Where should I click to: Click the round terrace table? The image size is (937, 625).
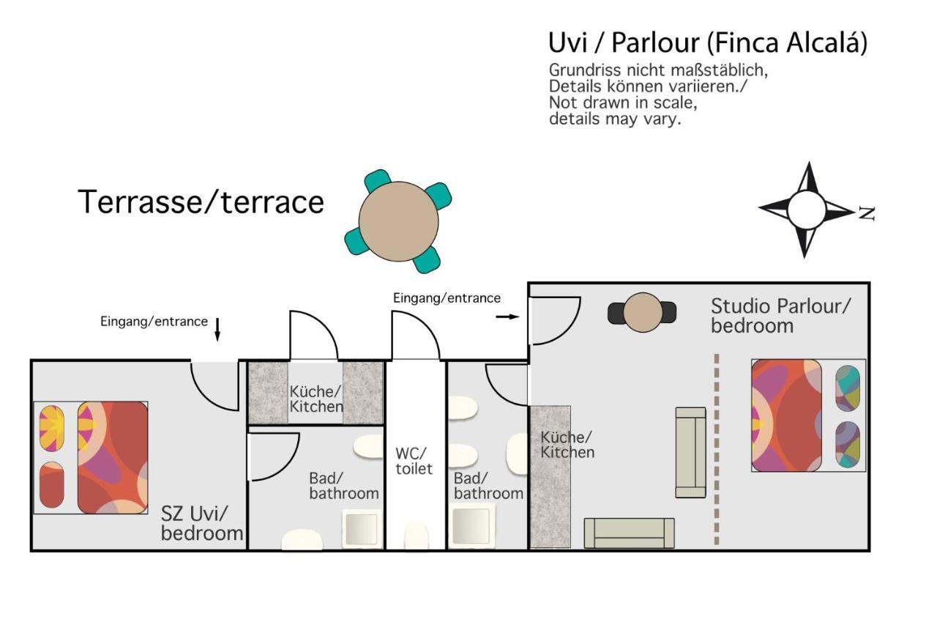[398, 221]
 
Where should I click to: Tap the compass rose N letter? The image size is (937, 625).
[867, 213]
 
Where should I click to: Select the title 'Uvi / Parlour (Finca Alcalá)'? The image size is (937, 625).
[708, 43]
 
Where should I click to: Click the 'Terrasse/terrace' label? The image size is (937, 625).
[201, 201]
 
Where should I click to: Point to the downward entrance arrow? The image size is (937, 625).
[217, 330]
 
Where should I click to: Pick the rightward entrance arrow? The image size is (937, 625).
[507, 317]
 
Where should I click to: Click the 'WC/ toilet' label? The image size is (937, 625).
[414, 461]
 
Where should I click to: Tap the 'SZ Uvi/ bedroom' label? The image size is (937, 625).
[202, 523]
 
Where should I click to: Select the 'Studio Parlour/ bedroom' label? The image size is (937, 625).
[780, 316]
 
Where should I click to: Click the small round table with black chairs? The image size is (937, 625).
[643, 312]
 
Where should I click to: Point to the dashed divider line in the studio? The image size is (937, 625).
[717, 448]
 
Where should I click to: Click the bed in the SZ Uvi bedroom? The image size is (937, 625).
[91, 457]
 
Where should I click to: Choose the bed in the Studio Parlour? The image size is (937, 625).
[808, 415]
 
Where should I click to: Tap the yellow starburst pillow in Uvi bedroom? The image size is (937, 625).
[52, 428]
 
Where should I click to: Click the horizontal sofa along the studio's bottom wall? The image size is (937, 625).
[629, 533]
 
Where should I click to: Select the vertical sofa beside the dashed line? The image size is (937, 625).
[690, 452]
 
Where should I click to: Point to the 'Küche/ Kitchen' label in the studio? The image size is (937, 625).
[567, 445]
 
